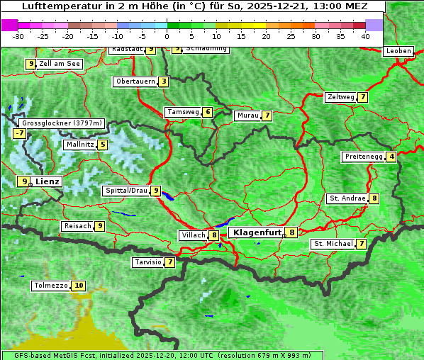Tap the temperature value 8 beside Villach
(x=213, y=235)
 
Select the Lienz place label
(x=48, y=181)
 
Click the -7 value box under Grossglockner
(x=19, y=133)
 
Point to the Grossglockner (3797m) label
(x=62, y=123)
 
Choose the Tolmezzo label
(x=50, y=286)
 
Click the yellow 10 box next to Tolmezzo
(x=78, y=286)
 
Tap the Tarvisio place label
(x=147, y=262)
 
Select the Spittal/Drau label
(x=125, y=191)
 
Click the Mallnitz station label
(x=79, y=145)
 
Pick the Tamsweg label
(x=182, y=112)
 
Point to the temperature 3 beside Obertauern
(x=164, y=81)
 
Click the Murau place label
(x=247, y=116)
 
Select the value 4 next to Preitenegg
(x=391, y=157)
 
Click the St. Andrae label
(x=347, y=198)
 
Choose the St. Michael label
(x=333, y=244)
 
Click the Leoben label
(x=398, y=51)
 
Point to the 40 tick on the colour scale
(x=365, y=35)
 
